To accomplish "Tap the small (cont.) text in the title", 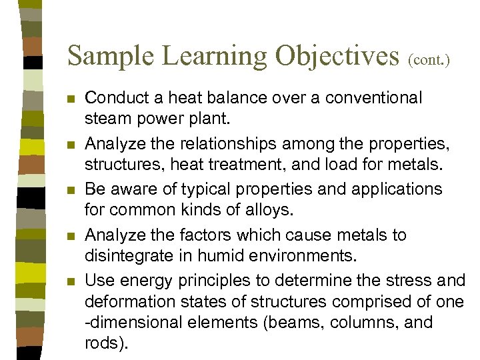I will [429, 60].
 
